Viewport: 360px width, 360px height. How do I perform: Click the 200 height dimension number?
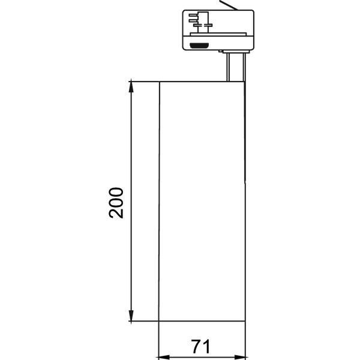[x=116, y=203]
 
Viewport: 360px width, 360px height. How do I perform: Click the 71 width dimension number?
[x=202, y=346]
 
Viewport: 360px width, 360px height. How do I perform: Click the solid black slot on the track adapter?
[x=198, y=45]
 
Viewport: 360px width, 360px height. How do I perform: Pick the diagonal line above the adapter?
[x=228, y=5]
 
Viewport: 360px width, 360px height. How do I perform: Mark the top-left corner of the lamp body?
[x=159, y=80]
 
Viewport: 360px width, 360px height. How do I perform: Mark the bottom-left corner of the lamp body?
[x=159, y=321]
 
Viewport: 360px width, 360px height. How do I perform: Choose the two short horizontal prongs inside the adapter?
[x=193, y=17]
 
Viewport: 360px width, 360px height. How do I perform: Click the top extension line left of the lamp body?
[x=144, y=80]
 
